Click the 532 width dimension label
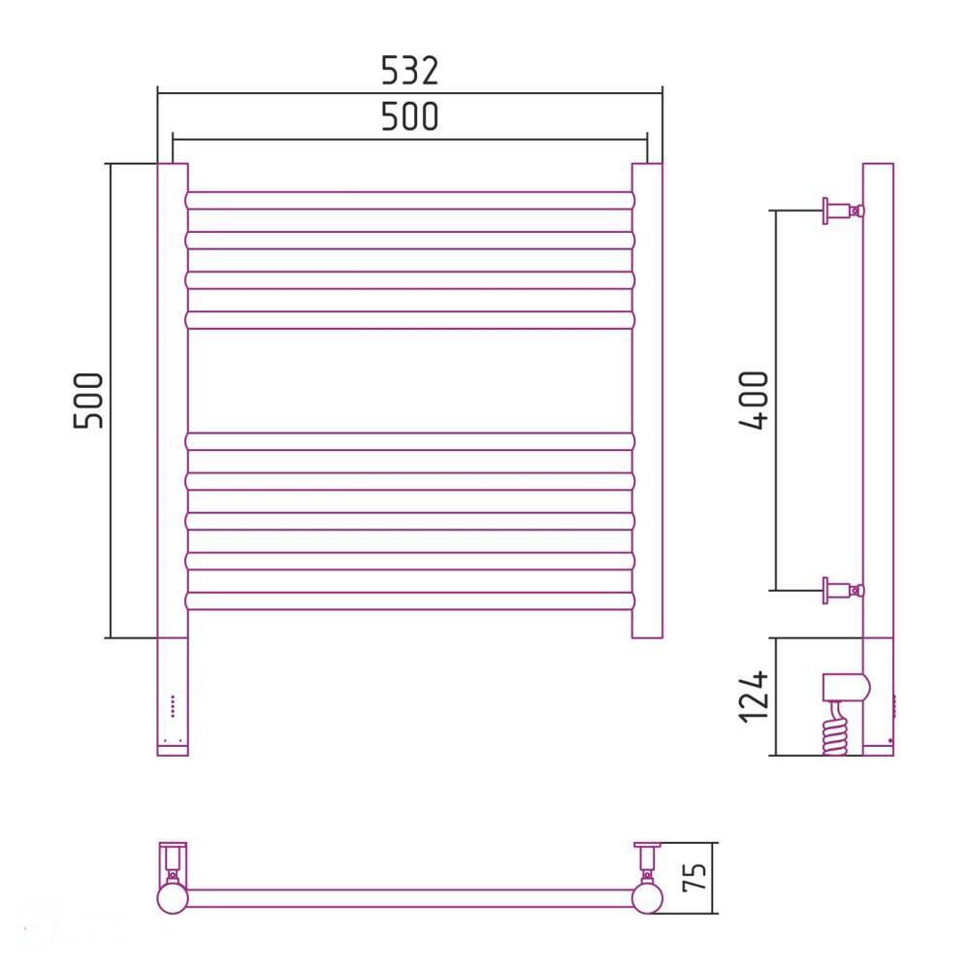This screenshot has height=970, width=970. click(409, 71)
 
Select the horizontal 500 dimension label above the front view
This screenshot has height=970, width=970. click(409, 116)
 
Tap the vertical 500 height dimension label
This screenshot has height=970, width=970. click(88, 401)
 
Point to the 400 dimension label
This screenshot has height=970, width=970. click(754, 400)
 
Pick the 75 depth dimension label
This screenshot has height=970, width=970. click(695, 877)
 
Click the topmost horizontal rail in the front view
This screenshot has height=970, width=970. click(409, 201)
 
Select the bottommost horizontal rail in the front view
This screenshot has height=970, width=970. click(409, 600)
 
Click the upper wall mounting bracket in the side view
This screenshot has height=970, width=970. click(843, 210)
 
